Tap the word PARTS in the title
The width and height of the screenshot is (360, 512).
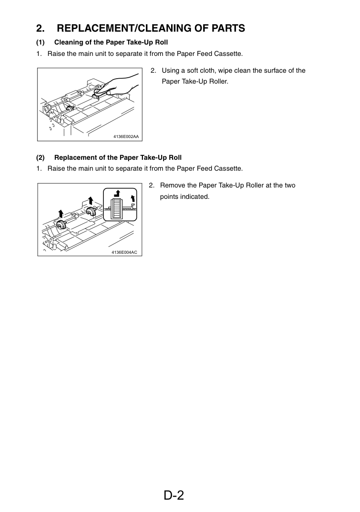tap(228, 28)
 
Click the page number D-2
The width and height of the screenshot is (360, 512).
tap(174, 495)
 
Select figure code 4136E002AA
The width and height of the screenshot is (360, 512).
tap(126, 137)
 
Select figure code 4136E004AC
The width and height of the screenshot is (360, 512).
tap(124, 252)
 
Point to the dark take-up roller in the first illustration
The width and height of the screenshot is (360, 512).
tap(69, 109)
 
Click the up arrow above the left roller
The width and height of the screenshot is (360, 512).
tap(61, 214)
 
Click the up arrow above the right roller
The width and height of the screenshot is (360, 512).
tap(90, 200)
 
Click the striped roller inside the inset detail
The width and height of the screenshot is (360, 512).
tap(116, 208)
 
